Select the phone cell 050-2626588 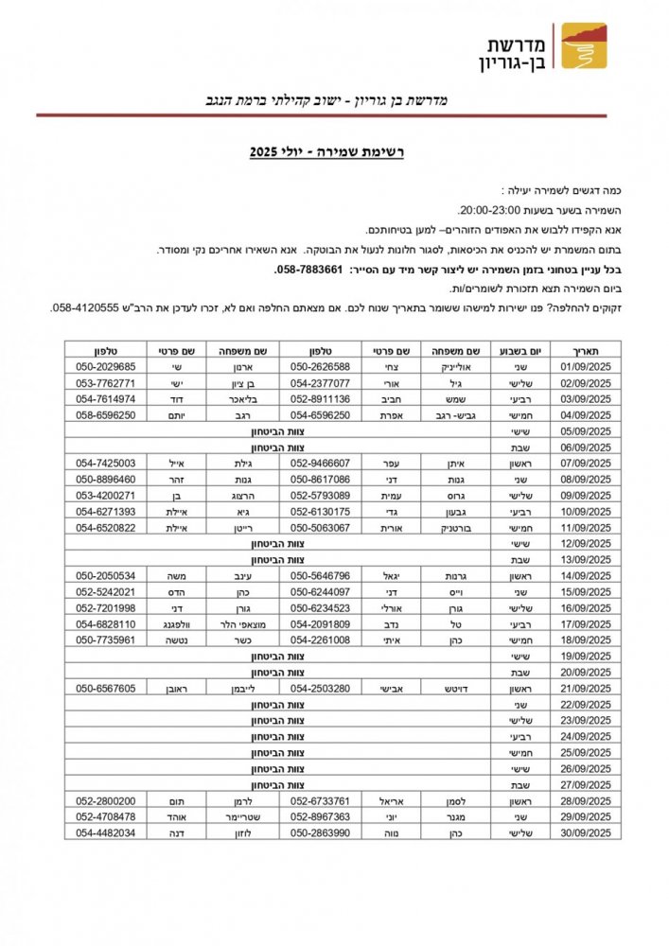click(x=320, y=366)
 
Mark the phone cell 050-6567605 click(x=105, y=688)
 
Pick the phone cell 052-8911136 click(x=320, y=399)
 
